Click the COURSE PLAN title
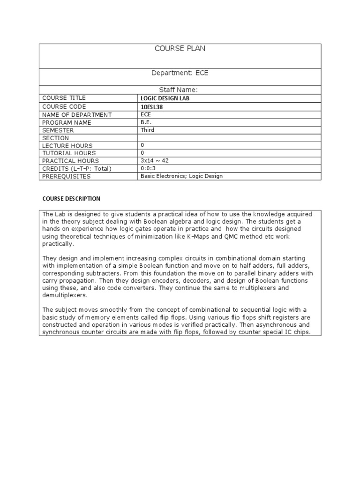180,49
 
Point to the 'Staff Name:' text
180,90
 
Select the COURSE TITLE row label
64,98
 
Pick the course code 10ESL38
152,107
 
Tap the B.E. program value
146,122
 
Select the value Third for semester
147,130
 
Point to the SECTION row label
55,138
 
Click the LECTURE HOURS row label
67,146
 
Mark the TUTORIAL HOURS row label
69,153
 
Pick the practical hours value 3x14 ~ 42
155,161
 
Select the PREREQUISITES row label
66,177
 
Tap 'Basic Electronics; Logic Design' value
181,176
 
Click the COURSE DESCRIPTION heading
71,199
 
